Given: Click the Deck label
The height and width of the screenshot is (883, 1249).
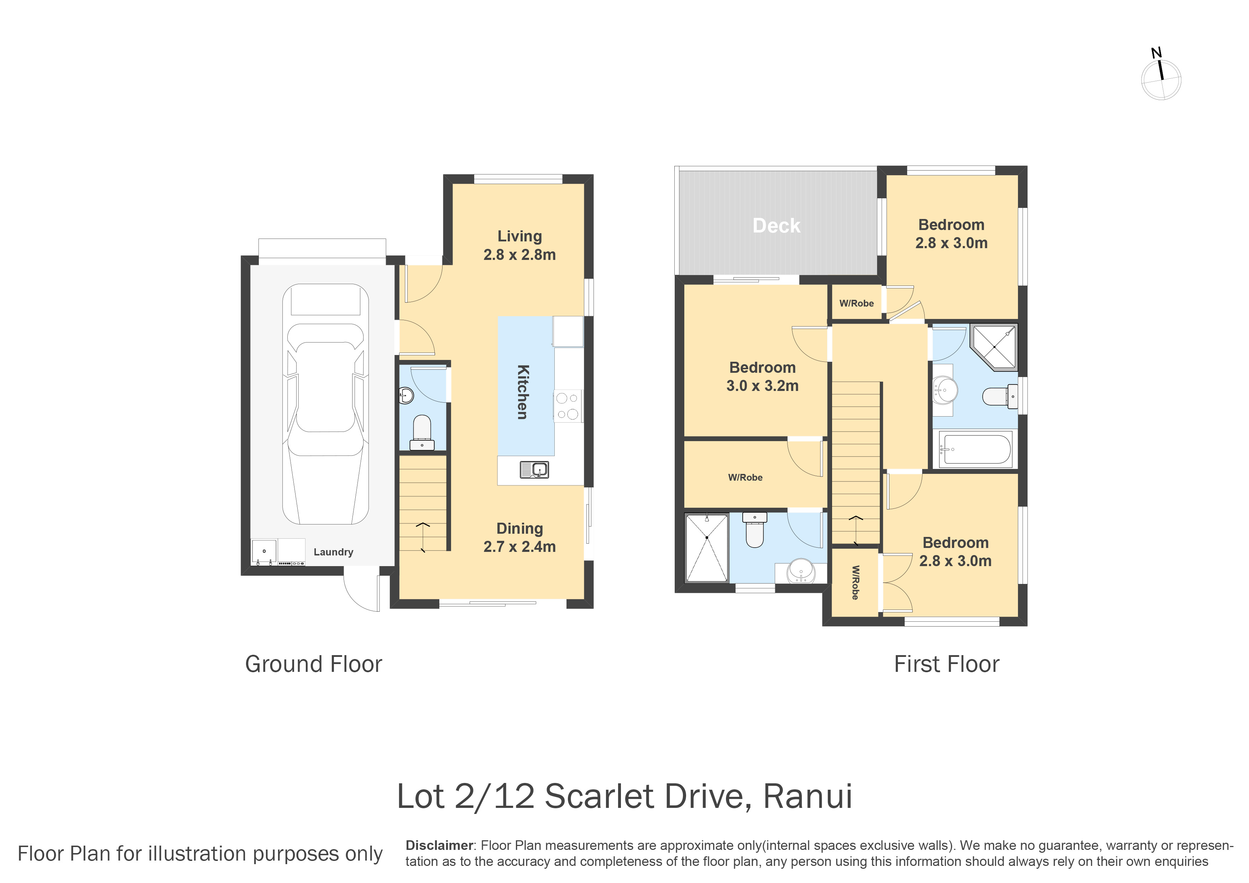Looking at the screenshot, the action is tap(776, 225).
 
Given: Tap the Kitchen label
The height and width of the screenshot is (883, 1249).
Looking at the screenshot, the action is tap(522, 392).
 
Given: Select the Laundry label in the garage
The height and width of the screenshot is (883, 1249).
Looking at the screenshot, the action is tap(334, 552).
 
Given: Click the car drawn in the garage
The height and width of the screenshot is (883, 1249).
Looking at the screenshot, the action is tap(325, 404).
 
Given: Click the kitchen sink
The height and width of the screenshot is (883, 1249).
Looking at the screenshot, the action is tap(534, 469).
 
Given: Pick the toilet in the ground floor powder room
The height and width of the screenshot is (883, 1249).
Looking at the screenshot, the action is tap(422, 433).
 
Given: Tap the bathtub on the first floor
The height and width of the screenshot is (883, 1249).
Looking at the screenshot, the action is tap(975, 449).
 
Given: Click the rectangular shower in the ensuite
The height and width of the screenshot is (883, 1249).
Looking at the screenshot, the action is tap(707, 547).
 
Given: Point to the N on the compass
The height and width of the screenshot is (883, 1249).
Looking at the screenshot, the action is tap(1156, 53).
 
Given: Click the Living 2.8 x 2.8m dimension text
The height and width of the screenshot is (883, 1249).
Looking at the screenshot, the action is tap(519, 245).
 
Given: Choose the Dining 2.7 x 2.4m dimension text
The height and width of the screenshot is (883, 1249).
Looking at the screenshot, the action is tap(519, 538).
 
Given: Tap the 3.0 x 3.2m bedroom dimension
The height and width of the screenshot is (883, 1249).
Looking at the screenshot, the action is tap(762, 386).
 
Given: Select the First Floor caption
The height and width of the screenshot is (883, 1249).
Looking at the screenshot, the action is tap(947, 664).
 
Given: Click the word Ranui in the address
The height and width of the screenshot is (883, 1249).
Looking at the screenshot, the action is tap(808, 796).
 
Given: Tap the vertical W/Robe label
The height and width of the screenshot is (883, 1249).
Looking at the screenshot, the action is tap(855, 583).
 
